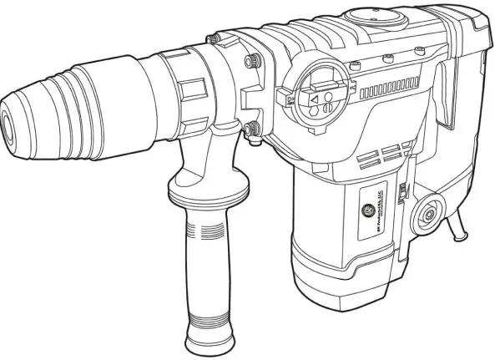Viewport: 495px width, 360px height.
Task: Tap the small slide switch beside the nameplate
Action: pos(402,194)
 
